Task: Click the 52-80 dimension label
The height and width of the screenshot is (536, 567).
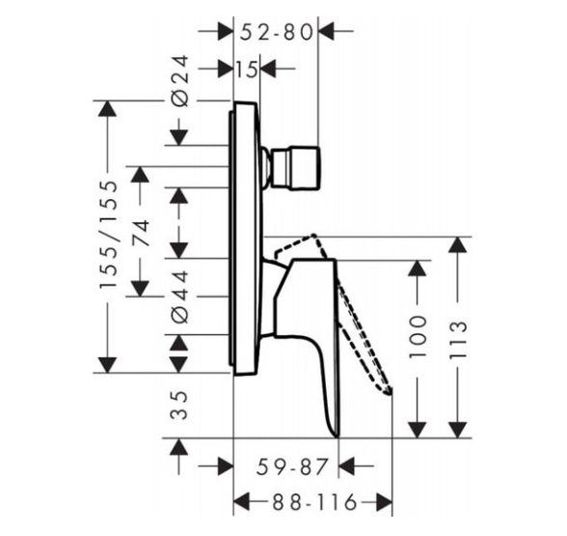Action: click(276, 32)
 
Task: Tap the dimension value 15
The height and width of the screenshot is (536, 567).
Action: click(247, 69)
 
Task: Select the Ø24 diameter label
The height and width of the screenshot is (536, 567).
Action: click(180, 81)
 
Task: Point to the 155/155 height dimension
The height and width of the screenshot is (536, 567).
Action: click(108, 235)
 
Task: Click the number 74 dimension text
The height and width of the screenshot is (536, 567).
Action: click(141, 233)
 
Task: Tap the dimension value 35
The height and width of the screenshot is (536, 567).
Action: click(179, 405)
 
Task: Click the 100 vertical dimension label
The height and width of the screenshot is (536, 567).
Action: click(418, 337)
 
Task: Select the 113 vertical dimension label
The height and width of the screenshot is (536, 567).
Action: click(458, 339)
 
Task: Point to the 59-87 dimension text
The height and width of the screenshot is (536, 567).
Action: click(292, 466)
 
